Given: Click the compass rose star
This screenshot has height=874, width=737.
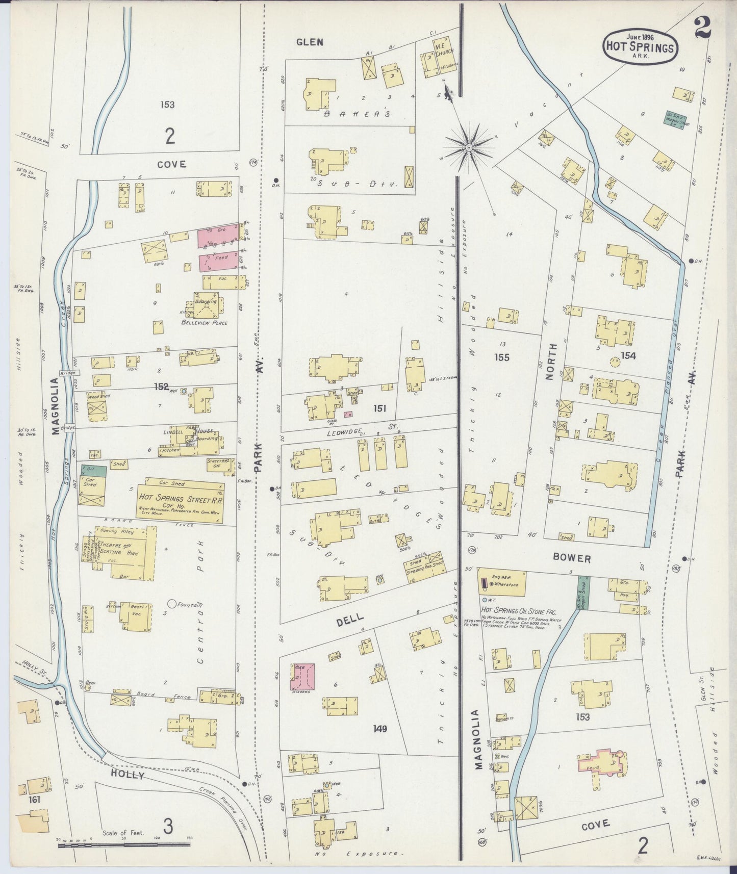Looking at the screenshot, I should (x=469, y=148).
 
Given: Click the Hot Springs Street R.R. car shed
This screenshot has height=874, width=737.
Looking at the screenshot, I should (x=180, y=501).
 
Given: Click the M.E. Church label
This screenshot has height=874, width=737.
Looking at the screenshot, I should (x=441, y=49).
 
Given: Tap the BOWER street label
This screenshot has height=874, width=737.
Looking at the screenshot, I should (x=572, y=558).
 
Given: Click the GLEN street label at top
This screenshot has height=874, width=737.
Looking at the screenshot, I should (x=310, y=42).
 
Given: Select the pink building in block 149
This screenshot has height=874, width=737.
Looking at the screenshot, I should (x=302, y=679).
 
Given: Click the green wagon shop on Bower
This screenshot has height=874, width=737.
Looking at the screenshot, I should (x=583, y=593).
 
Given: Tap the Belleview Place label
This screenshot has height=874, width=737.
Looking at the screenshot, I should (x=205, y=323).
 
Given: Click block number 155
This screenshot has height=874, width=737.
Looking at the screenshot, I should (x=502, y=357).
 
